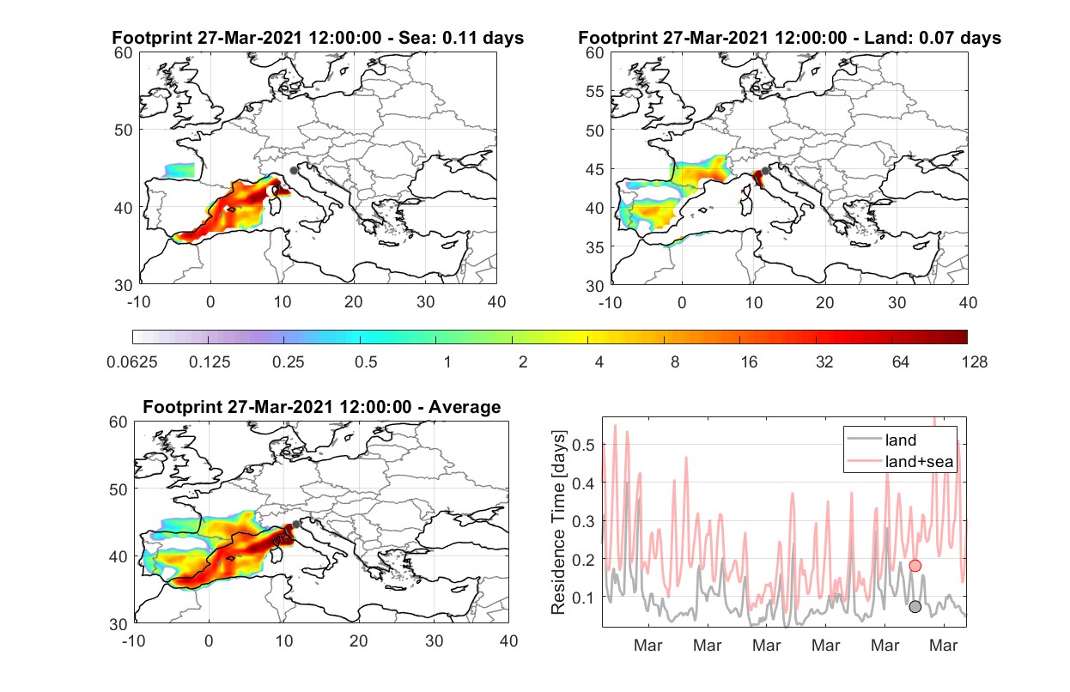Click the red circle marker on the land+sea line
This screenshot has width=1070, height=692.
pyautogui.click(x=915, y=566)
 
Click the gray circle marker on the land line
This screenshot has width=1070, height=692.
pyautogui.click(x=915, y=606)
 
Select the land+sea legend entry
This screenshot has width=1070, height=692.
pyautogui.click(x=900, y=461)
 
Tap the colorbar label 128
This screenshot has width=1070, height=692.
pyautogui.click(x=975, y=362)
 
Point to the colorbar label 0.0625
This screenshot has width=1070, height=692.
pyautogui.click(x=132, y=362)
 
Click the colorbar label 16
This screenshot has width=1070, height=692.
pyautogui.click(x=749, y=362)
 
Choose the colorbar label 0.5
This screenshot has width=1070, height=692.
pyautogui.click(x=366, y=362)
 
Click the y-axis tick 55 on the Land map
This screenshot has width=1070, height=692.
pyautogui.click(x=595, y=91)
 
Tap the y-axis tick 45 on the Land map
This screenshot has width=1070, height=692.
pyautogui.click(x=595, y=169)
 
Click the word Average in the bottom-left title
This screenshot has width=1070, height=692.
pyautogui.click(x=465, y=407)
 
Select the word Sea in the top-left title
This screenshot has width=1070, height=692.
pyautogui.click(x=411, y=38)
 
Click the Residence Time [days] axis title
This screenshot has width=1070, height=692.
pyautogui.click(x=558, y=523)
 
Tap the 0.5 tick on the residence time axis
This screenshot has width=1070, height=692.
pyautogui.click(x=583, y=445)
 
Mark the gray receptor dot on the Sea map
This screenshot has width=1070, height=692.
pyautogui.click(x=294, y=171)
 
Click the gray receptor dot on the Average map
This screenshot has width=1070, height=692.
pyautogui.click(x=296, y=525)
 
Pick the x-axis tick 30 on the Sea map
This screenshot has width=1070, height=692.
pyautogui.click(x=425, y=302)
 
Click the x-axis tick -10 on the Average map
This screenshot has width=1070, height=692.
pyautogui.click(x=134, y=640)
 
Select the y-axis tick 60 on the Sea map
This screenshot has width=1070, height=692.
pyautogui.click(x=123, y=53)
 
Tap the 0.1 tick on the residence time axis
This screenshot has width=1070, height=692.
pyautogui.click(x=583, y=598)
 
